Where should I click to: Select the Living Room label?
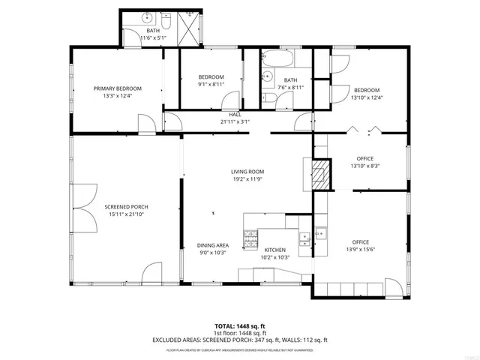click(x=247, y=172)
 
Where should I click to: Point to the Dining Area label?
click(x=213, y=245)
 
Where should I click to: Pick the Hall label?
click(x=235, y=114)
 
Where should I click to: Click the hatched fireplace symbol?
click(x=321, y=172)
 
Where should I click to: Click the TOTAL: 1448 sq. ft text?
click(x=240, y=326)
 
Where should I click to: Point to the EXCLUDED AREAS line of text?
click(x=240, y=340)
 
